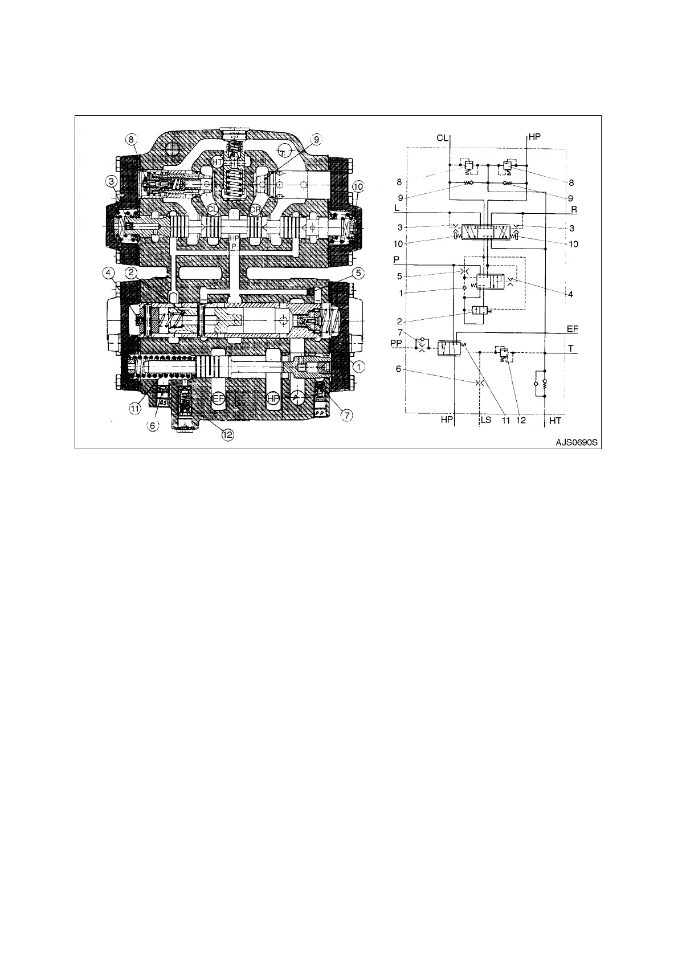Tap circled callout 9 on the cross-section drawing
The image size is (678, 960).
(x=316, y=138)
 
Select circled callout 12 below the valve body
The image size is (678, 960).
(x=227, y=434)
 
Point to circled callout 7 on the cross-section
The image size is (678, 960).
(x=345, y=415)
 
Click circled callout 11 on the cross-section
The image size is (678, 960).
(x=135, y=408)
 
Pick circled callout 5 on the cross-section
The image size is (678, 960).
(x=358, y=272)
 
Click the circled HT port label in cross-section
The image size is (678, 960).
(x=217, y=162)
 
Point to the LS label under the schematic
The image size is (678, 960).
(x=485, y=421)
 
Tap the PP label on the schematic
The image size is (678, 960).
(x=397, y=343)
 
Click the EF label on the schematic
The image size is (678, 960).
(x=573, y=329)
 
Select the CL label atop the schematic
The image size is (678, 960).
(x=443, y=137)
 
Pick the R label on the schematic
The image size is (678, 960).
(x=574, y=210)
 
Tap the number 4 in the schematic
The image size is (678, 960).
(x=570, y=294)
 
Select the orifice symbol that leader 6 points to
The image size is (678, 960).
(x=480, y=383)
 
